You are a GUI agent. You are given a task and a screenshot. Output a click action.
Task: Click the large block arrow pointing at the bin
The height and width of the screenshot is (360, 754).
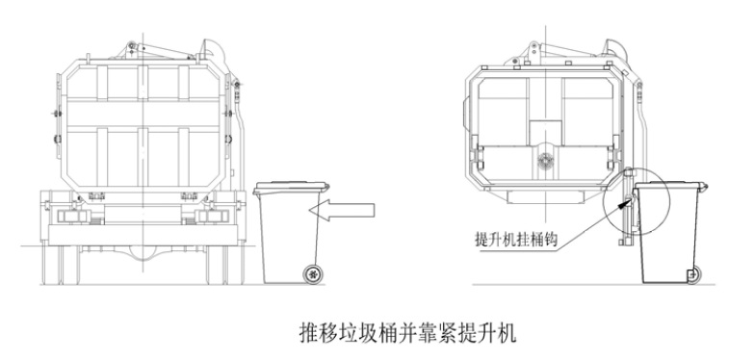point(342,210)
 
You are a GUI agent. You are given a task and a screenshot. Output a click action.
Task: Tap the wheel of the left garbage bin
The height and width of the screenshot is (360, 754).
point(313,274)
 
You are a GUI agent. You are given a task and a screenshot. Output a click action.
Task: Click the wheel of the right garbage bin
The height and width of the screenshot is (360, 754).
point(693,275)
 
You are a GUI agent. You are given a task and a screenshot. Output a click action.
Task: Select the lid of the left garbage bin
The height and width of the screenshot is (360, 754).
point(292,188)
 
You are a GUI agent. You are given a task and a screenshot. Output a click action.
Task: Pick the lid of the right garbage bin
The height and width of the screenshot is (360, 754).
point(671,186)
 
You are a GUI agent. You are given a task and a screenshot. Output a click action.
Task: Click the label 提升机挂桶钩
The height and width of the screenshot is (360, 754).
point(516,240)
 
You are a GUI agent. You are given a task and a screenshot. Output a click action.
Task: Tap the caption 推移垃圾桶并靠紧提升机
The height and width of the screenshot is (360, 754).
point(407,333)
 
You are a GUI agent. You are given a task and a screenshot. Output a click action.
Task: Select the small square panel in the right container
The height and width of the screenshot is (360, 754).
point(545,133)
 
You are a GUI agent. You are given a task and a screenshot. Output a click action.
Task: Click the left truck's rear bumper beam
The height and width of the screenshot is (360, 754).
point(143,236)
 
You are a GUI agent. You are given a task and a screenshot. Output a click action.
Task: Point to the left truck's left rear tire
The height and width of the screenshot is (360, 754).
point(61,265)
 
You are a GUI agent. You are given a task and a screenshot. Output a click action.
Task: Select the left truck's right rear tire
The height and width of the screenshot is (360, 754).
point(225,265)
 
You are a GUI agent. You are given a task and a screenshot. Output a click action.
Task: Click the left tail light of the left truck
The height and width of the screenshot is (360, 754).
point(72,216)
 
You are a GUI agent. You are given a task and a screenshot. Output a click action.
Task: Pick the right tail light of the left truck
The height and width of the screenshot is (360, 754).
point(214,216)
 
